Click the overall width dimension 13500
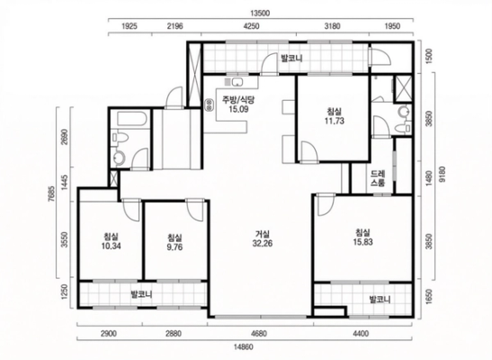[x=260, y=13]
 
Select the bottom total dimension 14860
[x=244, y=346]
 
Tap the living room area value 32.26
[x=263, y=244]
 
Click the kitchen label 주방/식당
[x=238, y=100]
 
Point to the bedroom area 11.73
[x=335, y=121]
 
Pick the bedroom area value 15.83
[x=362, y=242]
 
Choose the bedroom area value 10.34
[x=111, y=246]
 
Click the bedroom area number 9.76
[x=174, y=247]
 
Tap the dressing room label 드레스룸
[x=378, y=178]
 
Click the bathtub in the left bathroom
[x=131, y=119]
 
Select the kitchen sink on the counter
[x=237, y=82]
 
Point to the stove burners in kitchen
[x=209, y=104]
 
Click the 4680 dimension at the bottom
[x=260, y=334]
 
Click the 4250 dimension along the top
[x=251, y=26]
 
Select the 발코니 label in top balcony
[x=291, y=58]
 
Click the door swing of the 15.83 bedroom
[x=327, y=205]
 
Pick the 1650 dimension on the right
[x=429, y=296]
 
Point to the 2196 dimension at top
[x=174, y=26]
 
